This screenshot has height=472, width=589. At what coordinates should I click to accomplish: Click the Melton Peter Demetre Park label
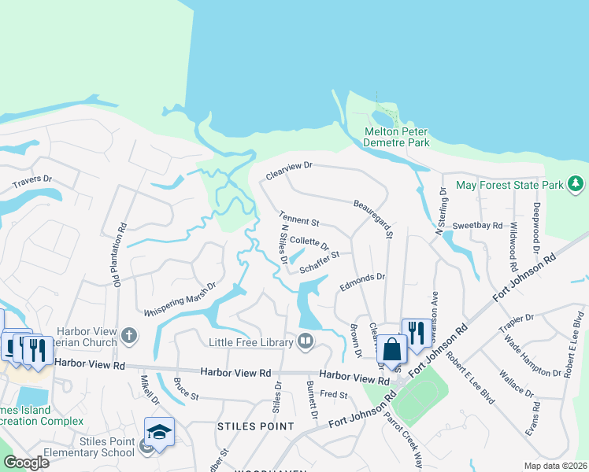(x=397, y=137)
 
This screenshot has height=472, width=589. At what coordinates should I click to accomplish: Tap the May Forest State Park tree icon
(x=576, y=184)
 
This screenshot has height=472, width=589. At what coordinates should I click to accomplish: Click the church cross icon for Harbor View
(x=129, y=337)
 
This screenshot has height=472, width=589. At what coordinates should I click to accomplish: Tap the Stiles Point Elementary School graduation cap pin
(x=159, y=432)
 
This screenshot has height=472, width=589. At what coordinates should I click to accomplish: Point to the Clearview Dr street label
(x=289, y=171)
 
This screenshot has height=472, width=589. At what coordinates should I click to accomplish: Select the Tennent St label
(x=298, y=219)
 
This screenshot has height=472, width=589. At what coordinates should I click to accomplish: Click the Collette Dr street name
(x=309, y=242)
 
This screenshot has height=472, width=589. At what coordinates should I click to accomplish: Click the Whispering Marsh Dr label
(x=180, y=300)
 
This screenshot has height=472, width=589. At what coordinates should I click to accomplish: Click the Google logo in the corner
(x=26, y=463)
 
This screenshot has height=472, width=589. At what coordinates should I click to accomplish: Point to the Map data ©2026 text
(x=555, y=466)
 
